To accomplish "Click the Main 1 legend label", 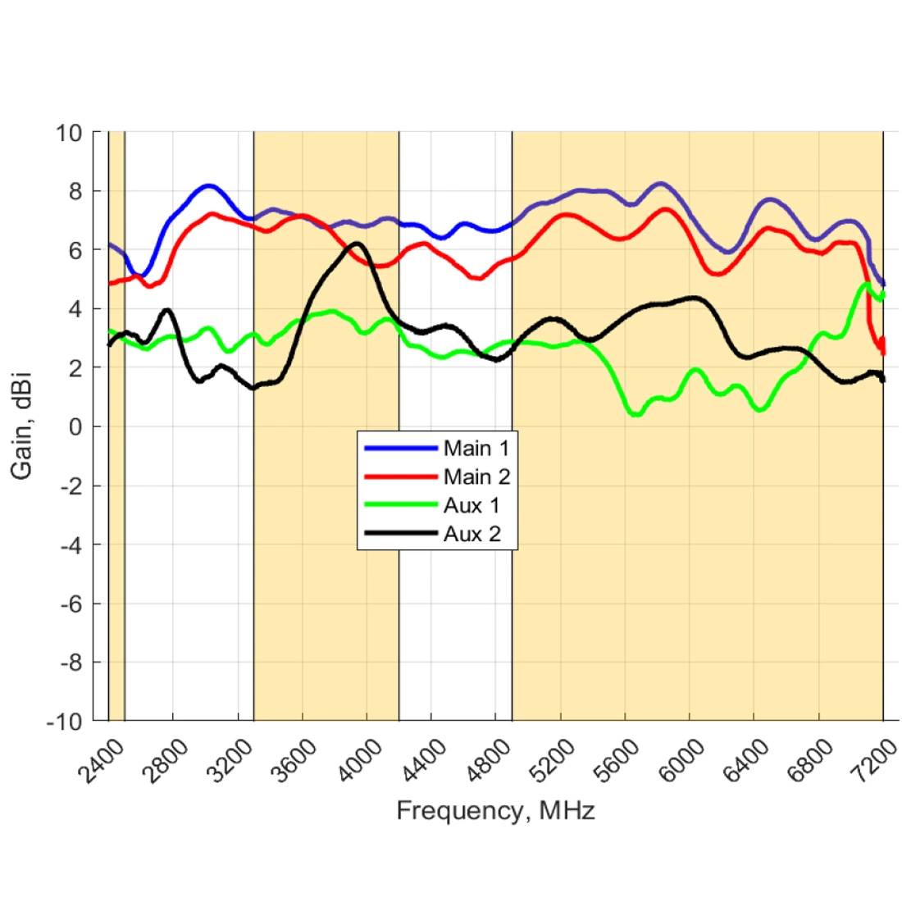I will tap(476, 449).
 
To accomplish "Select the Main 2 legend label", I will tap(476, 477).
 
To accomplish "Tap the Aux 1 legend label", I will tap(471, 506).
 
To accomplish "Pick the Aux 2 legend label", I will tap(471, 535).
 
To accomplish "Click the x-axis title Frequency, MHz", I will tap(495, 811).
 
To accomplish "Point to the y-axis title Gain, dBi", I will tap(22, 426).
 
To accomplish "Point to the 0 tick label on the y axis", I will tap(77, 426).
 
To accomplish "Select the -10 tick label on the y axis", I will tap(67, 722).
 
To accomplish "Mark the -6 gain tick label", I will tap(71, 604).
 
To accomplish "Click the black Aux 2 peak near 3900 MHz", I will tap(356, 244).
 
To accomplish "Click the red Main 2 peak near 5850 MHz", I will tap(666, 209).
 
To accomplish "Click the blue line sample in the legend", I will tap(399, 449).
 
